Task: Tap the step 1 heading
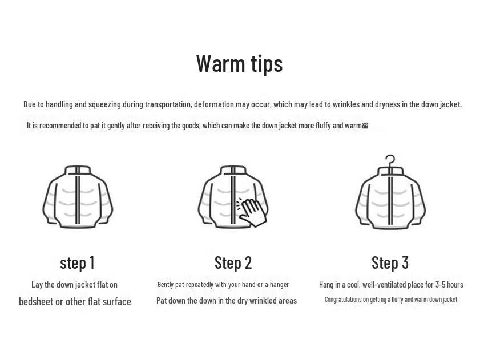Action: pyautogui.click(x=77, y=262)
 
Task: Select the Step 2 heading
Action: pyautogui.click(x=233, y=262)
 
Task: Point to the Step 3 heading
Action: pyautogui.click(x=390, y=262)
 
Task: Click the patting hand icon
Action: pyautogui.click(x=252, y=211)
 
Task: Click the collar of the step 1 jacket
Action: pyautogui.click(x=78, y=171)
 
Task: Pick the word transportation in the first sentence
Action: pyautogui.click(x=168, y=104)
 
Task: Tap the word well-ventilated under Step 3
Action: pyautogui.click(x=385, y=284)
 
